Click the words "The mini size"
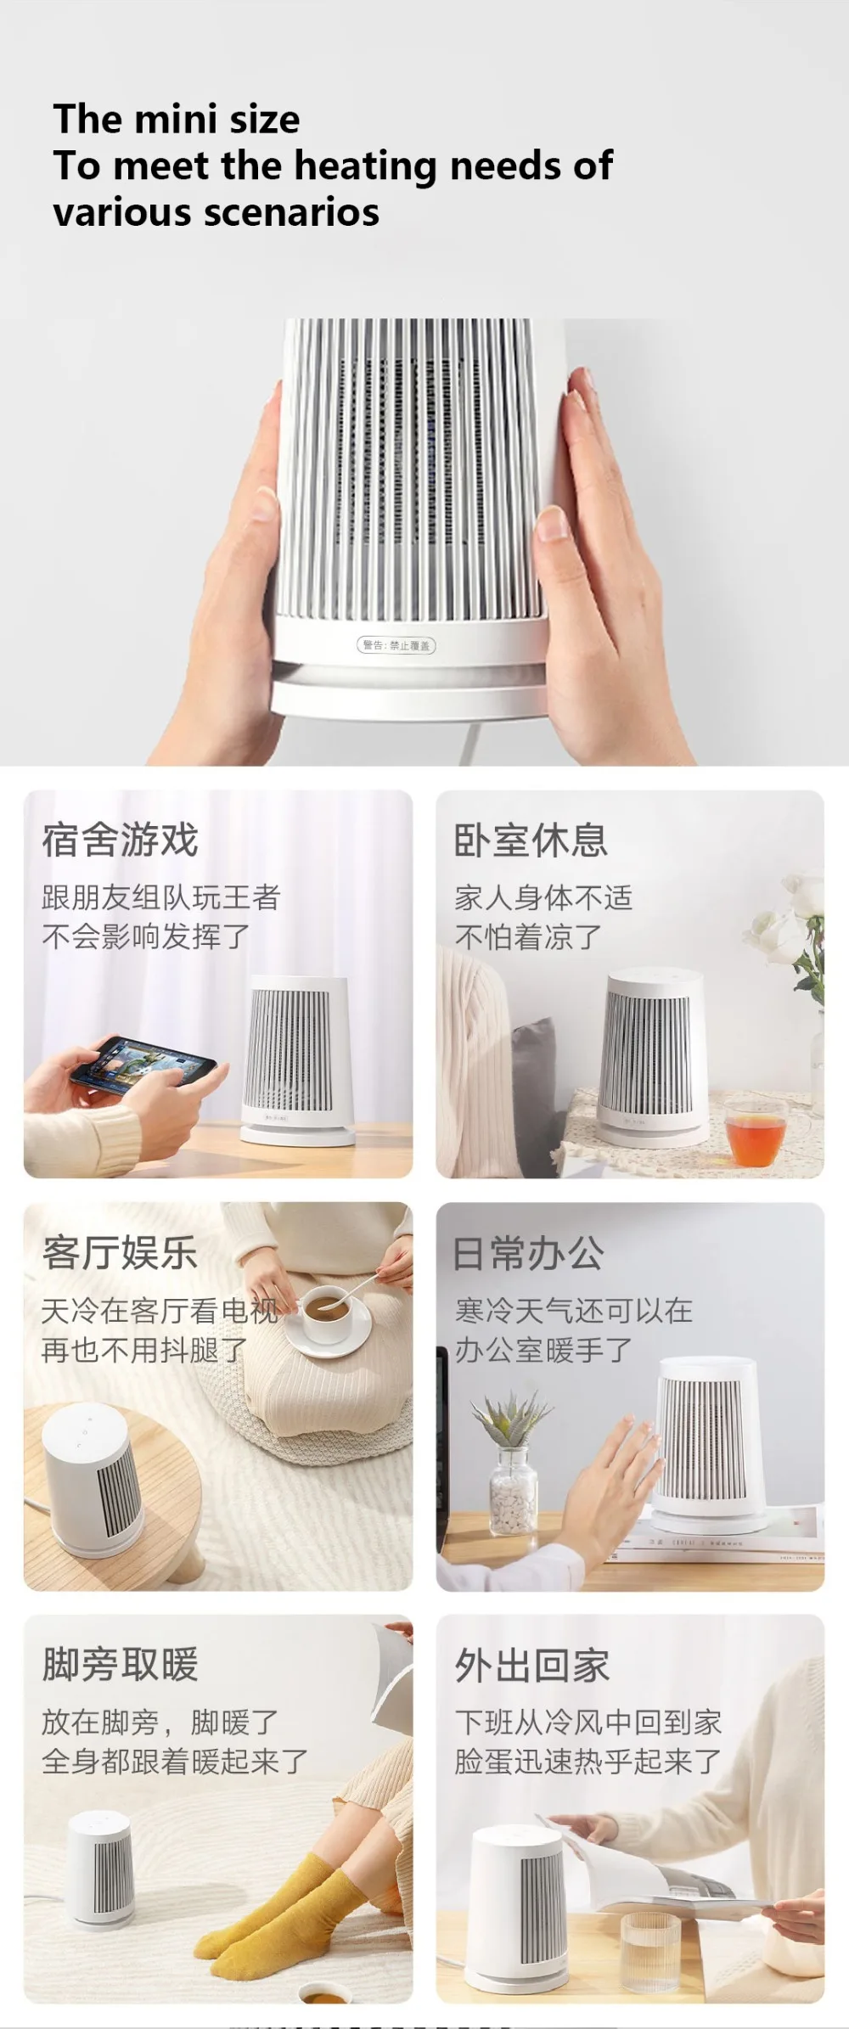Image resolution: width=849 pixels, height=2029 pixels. tap(177, 119)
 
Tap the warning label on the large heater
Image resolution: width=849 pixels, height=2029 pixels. tap(396, 645)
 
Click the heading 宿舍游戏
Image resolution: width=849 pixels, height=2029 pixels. tap(121, 840)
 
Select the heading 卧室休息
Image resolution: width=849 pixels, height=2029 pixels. tap(531, 840)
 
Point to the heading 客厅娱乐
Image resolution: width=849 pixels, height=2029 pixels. tap(121, 1253)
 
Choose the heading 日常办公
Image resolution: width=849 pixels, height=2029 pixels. tap(529, 1254)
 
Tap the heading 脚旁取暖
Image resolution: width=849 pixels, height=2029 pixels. tap(121, 1665)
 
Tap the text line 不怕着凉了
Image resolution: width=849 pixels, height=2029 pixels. tap(528, 937)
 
